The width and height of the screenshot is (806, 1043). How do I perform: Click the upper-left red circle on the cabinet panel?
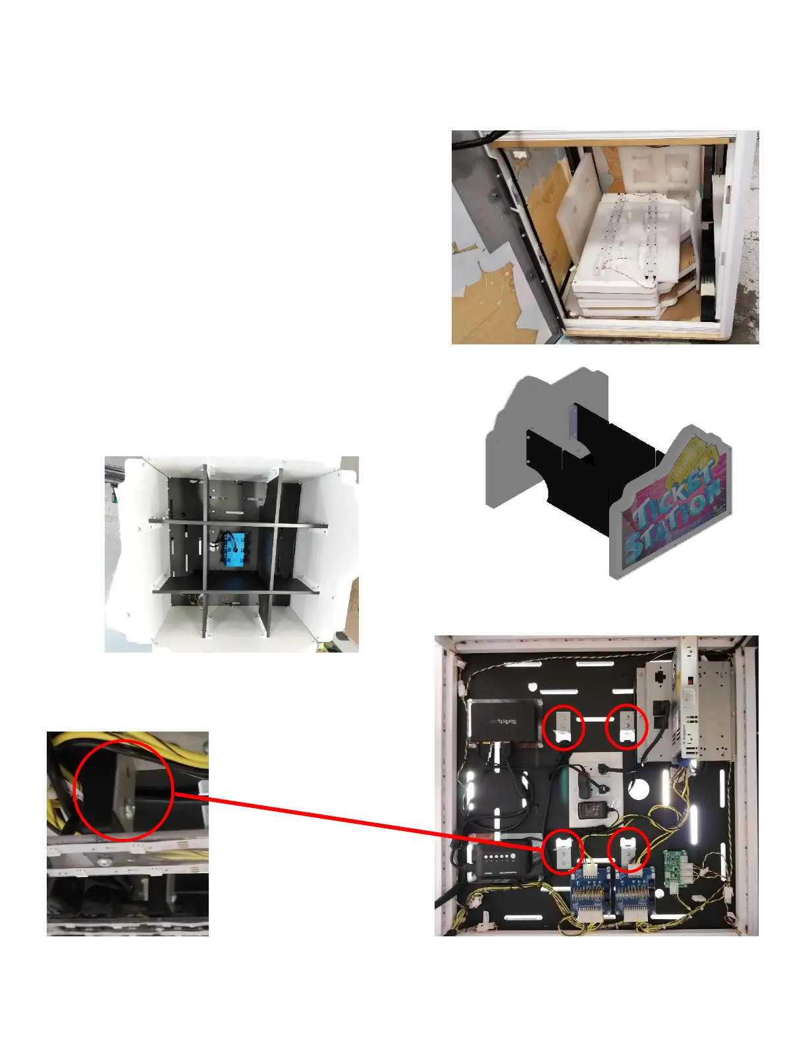[x=564, y=726]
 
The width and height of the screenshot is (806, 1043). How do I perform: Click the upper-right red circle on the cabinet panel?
[x=627, y=726]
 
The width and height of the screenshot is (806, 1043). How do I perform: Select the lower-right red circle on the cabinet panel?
[x=628, y=850]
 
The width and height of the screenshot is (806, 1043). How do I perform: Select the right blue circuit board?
[x=635, y=890]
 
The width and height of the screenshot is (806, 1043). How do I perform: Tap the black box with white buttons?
[x=502, y=860]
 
